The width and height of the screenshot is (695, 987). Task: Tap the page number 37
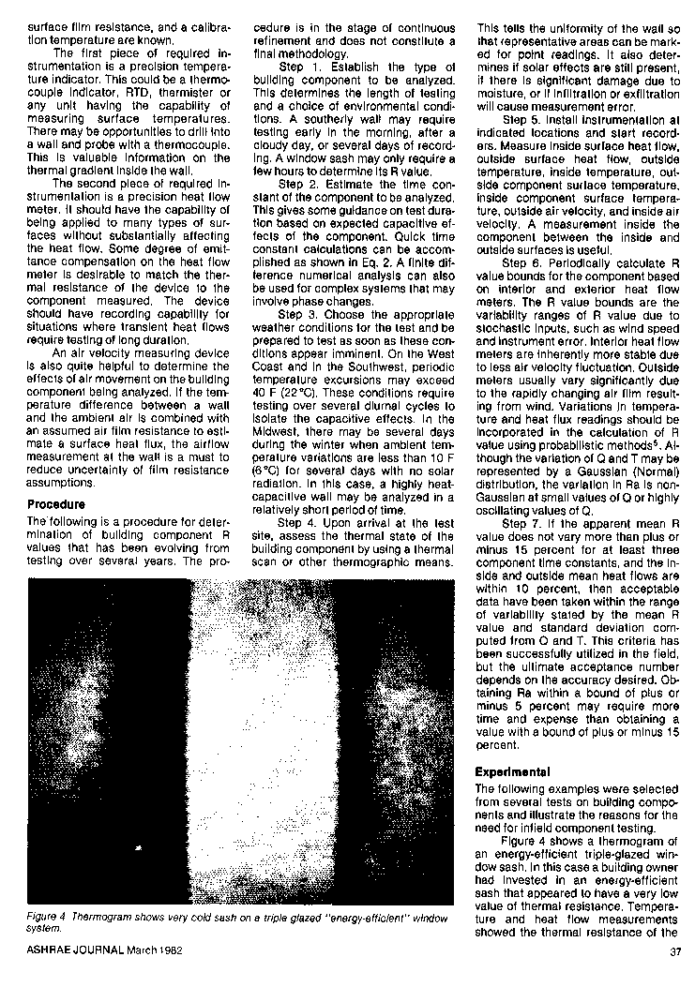click(x=675, y=953)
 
